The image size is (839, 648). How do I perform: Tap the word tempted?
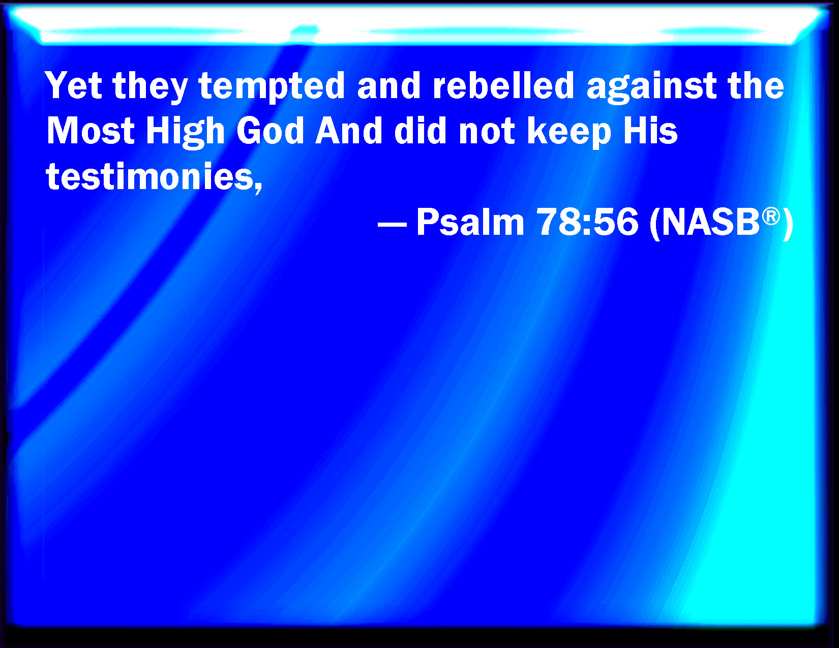click(272, 87)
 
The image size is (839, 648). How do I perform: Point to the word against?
click(651, 87)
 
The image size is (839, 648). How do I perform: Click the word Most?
click(91, 131)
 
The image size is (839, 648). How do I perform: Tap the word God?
click(271, 131)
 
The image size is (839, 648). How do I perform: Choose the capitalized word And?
click(349, 131)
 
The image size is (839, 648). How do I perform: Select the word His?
click(650, 131)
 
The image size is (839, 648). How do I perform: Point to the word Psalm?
click(470, 222)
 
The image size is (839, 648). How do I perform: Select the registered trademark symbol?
click(771, 217)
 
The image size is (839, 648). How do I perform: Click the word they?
click(150, 87)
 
